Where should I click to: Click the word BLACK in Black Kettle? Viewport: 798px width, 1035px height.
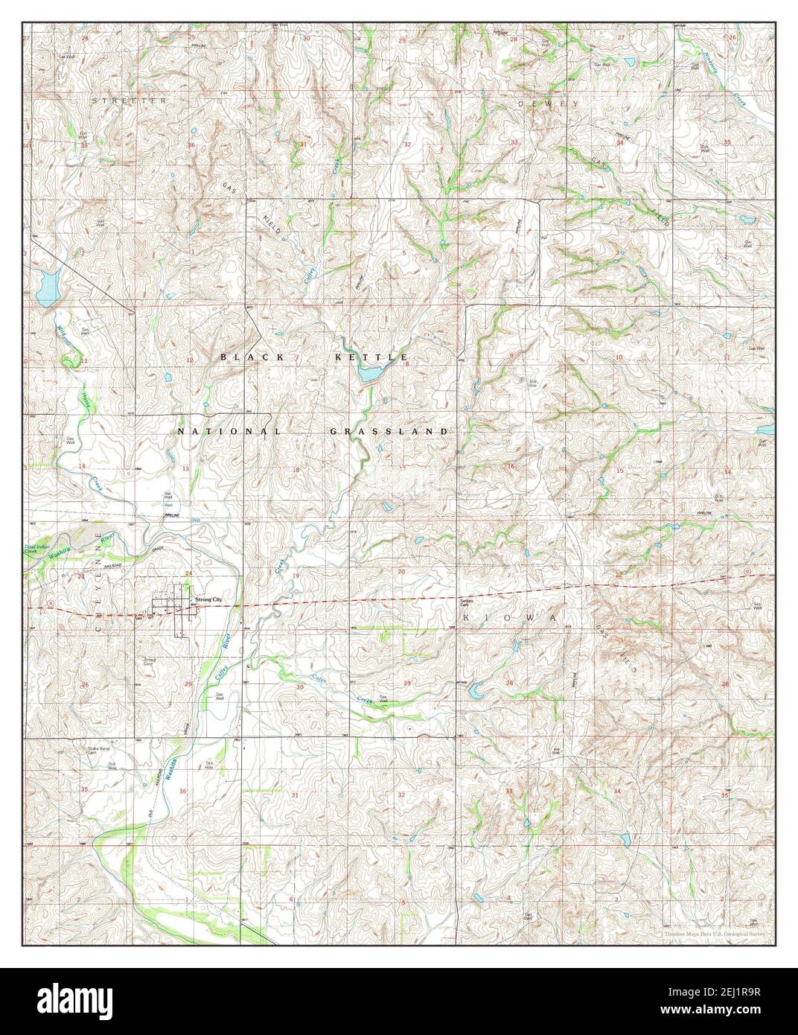point(252,357)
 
